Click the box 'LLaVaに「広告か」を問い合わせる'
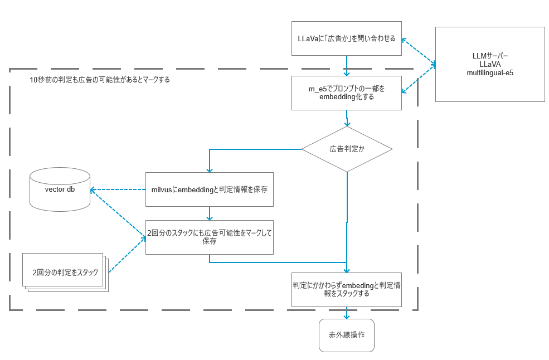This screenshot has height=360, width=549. pos(346,38)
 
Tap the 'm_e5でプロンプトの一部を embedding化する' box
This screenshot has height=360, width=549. pos(346,93)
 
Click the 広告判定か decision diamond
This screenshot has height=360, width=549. pos(347,149)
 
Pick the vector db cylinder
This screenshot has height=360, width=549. pos(60,189)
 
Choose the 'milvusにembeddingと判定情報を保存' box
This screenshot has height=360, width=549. pos(209,189)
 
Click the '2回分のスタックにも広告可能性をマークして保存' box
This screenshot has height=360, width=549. pos(209,237)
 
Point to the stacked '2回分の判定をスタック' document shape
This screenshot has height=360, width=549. pos(64,273)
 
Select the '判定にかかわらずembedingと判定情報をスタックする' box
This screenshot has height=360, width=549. pos(346,289)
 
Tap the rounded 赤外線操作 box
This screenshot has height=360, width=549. pos(346,335)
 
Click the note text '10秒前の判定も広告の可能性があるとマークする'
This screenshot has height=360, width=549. pos(100,80)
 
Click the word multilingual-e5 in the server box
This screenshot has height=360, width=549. pos(489,72)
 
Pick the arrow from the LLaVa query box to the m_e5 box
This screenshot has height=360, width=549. pos(347,66)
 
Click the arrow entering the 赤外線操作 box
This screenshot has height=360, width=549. pos(347,313)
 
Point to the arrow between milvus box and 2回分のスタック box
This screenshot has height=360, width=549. pos(209,213)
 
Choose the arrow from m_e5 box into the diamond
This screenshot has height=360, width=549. pos(347,118)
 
